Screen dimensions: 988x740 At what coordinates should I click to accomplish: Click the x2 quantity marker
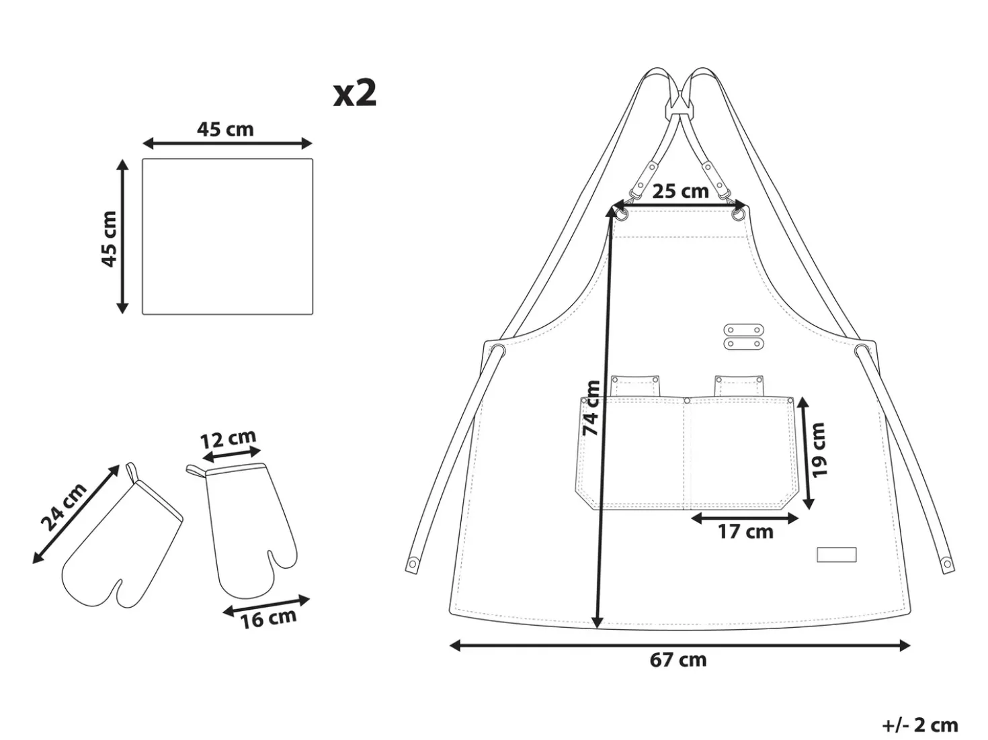coord(355,94)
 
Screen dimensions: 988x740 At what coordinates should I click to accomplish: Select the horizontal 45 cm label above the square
coord(225,130)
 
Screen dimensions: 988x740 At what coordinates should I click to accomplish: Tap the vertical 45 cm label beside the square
coord(110,239)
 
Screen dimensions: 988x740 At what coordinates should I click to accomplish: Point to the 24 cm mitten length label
coord(64,507)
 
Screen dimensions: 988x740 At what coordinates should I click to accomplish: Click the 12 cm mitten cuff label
coord(228,438)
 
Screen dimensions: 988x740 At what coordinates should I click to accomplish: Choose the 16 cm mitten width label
coord(268,618)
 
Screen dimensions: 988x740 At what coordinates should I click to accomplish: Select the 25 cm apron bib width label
coord(681,191)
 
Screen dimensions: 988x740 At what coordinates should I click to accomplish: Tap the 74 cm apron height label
coord(591,408)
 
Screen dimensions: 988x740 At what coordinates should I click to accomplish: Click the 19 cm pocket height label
coord(819,450)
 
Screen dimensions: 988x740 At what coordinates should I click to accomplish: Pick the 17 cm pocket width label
coord(745,532)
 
